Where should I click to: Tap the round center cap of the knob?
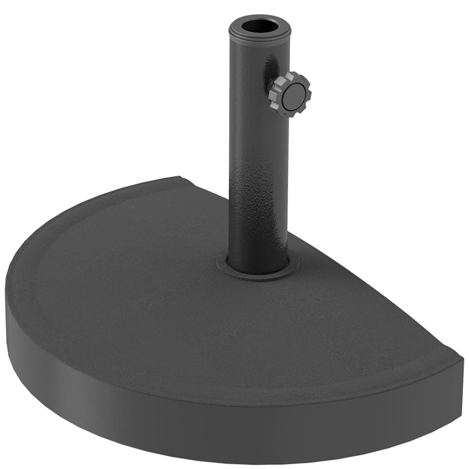pos(294,97)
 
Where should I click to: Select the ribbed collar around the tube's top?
pos(259,33)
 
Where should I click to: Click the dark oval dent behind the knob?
pos(271,70)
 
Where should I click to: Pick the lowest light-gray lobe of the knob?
pos(284,113)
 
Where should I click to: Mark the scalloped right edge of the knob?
pos(308,94)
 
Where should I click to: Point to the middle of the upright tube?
pos(258,155)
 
